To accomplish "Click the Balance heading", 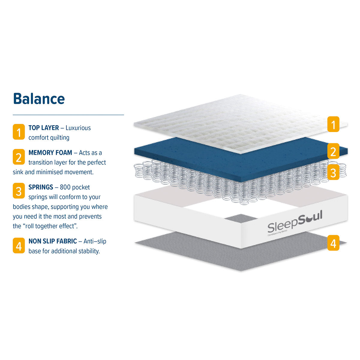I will [39, 99].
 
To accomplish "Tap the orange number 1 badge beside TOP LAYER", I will [19, 132].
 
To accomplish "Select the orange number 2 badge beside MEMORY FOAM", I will [19, 157].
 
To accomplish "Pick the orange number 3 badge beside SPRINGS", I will [19, 191].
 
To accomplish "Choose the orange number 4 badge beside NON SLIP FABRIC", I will [19, 245].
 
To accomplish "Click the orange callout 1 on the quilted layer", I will [333, 124].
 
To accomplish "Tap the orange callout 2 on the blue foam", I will [333, 151].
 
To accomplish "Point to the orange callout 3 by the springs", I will [333, 172].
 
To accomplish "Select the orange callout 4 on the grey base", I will [333, 243].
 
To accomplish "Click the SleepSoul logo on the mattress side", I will [295, 222].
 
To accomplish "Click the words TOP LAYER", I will [43, 128].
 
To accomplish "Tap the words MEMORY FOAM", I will [50, 153].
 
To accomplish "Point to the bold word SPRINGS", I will [41, 187].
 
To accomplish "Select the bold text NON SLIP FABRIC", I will [53, 241].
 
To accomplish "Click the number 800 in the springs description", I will [65, 187].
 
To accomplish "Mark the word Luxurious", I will [78, 128].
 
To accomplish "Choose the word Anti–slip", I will [95, 241].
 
